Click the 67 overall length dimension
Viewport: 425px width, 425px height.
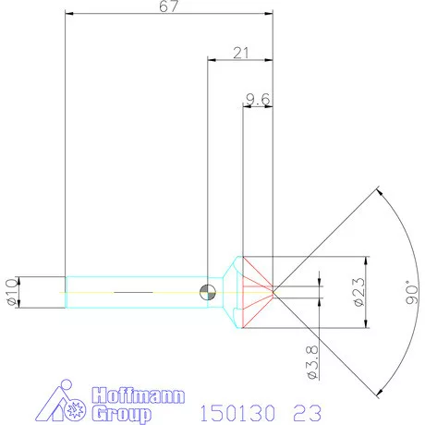coord(170,6)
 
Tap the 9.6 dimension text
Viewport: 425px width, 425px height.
coord(258,97)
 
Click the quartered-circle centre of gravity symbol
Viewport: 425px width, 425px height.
coord(209,292)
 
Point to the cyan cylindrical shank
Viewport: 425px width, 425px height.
coord(134,292)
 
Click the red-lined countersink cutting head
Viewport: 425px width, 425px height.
coord(257,292)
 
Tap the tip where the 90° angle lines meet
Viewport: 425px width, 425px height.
coord(274,292)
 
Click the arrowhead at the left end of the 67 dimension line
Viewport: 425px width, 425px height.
coord(67,15)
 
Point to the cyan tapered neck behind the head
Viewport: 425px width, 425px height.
coord(227,292)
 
